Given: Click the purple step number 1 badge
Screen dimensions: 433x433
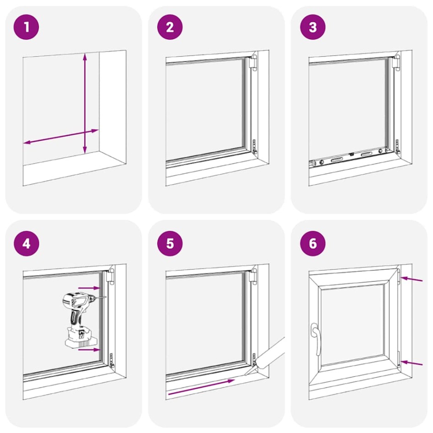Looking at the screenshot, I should [x=27, y=27].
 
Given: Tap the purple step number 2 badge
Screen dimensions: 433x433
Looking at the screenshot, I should [x=170, y=27].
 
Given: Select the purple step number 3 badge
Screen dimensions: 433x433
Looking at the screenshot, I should [x=313, y=27].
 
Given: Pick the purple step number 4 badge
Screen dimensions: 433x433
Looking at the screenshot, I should [x=27, y=243].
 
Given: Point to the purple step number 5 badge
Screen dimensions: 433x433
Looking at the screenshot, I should [x=170, y=243].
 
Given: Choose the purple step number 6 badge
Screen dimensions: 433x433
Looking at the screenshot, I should [x=313, y=243].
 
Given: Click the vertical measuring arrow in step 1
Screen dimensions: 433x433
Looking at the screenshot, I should [x=85, y=103].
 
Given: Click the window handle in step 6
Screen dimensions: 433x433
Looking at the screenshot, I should [x=315, y=338].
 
